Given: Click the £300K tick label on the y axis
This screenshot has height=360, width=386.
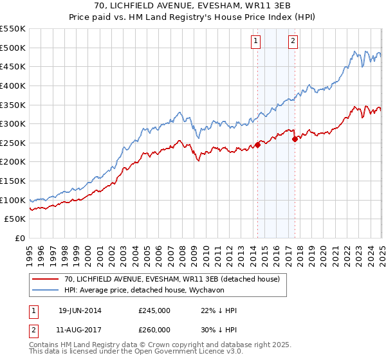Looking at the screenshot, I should click(13, 123).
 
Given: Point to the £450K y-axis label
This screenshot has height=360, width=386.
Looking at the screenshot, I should click(13, 66).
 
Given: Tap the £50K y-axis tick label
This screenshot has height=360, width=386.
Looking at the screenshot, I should click(15, 219).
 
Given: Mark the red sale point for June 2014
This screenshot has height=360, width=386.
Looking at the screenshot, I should click(257, 145).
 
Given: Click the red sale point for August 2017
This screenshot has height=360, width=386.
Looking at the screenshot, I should click(295, 139).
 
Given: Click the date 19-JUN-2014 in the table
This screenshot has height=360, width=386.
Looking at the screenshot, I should click(80, 310).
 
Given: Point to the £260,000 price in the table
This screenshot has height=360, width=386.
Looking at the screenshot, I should click(154, 329).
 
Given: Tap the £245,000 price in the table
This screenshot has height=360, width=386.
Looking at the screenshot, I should click(154, 310).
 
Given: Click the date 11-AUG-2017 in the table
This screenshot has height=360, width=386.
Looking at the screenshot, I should click(80, 329).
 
